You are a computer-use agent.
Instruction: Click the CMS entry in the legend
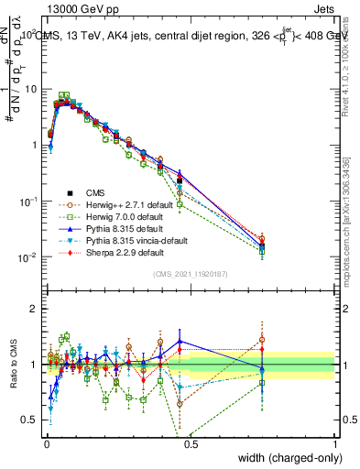pyautogui.click(x=95, y=192)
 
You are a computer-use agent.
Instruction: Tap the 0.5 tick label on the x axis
pyautogui.click(x=191, y=443)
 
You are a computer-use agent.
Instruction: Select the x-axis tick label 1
pyautogui.click(x=336, y=443)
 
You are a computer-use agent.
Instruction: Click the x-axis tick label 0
pyautogui.click(x=46, y=443)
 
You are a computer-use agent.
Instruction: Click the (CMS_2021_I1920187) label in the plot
pyautogui.click(x=191, y=274)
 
